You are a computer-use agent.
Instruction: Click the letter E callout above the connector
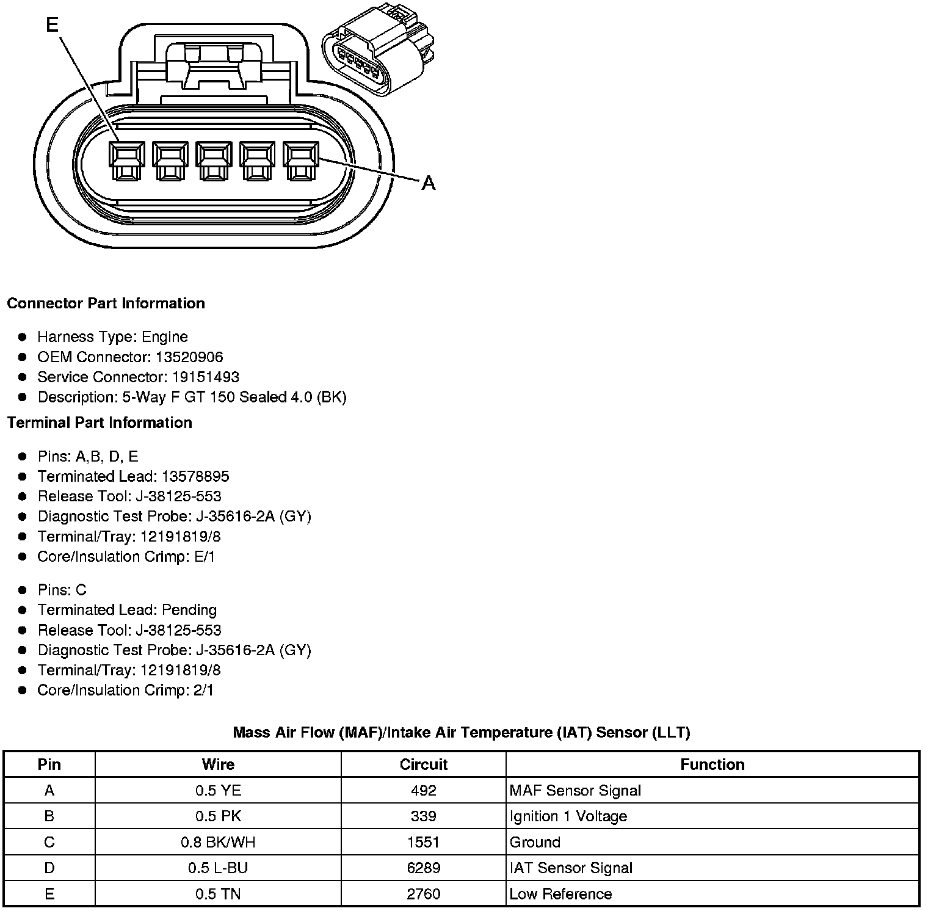(53, 24)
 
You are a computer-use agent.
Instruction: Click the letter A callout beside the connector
(429, 183)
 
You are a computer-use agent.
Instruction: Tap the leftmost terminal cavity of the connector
(127, 161)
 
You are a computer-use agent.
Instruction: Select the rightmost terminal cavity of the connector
(300, 161)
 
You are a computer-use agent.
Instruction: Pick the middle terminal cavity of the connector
(214, 161)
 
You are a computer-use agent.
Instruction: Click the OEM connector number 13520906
(189, 357)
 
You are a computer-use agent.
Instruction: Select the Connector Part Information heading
(106, 303)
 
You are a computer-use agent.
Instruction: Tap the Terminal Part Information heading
(100, 423)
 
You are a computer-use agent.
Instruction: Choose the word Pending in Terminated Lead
(189, 610)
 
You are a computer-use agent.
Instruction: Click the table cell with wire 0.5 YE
(218, 791)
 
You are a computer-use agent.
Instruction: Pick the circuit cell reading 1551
(424, 843)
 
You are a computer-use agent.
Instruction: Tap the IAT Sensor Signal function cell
(571, 868)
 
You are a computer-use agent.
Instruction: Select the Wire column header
(218, 764)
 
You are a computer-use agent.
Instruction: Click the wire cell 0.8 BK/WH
(218, 843)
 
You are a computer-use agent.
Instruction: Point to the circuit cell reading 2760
(424, 895)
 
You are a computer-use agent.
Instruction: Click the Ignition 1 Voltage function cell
(568, 816)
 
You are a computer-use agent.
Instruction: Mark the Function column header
(712, 764)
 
